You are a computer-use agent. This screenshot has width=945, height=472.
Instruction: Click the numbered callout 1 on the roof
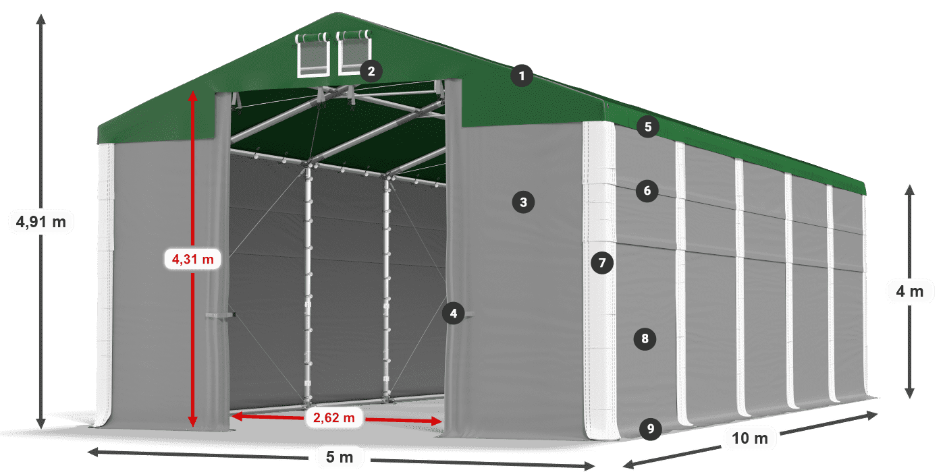(x=521, y=76)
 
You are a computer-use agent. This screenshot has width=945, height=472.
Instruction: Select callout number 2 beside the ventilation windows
(x=371, y=70)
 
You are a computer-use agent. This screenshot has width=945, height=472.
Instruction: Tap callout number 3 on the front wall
(x=523, y=201)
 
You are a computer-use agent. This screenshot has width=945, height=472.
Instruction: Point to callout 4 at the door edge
(x=454, y=313)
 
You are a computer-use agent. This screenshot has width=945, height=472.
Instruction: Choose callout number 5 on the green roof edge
(x=647, y=126)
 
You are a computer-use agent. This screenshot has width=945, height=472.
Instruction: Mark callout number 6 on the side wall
(x=647, y=191)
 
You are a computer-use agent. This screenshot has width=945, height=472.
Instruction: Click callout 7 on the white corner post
(x=601, y=262)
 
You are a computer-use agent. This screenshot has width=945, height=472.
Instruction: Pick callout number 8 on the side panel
(x=645, y=338)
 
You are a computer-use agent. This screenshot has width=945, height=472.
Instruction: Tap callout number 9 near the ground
(x=649, y=428)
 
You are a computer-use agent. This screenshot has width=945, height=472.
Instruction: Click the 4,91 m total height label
(x=40, y=221)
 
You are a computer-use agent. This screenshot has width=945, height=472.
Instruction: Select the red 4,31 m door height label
(x=192, y=258)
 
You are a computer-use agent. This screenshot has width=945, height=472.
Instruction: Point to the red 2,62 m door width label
(x=333, y=418)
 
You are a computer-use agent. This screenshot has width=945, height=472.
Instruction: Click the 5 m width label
(x=340, y=457)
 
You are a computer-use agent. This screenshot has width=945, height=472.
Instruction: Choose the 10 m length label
(x=750, y=438)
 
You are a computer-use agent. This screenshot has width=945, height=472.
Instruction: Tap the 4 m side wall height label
(x=909, y=292)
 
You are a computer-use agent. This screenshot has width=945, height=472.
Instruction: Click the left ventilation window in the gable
(x=312, y=55)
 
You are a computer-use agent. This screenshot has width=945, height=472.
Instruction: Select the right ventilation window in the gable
(x=353, y=53)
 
